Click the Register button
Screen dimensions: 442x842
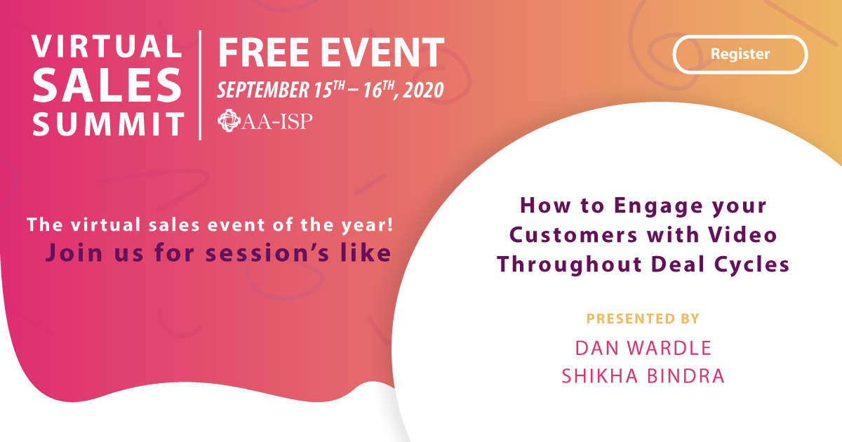[740, 54]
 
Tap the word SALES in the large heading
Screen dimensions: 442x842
[107, 86]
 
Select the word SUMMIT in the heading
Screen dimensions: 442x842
[107, 126]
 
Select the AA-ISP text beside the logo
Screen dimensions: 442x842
[278, 122]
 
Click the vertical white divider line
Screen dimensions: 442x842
[201, 84]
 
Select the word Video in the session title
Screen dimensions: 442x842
[746, 235]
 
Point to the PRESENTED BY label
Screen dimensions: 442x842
[643, 319]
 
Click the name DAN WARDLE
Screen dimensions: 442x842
[643, 347]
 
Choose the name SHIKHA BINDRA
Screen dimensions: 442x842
[643, 376]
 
